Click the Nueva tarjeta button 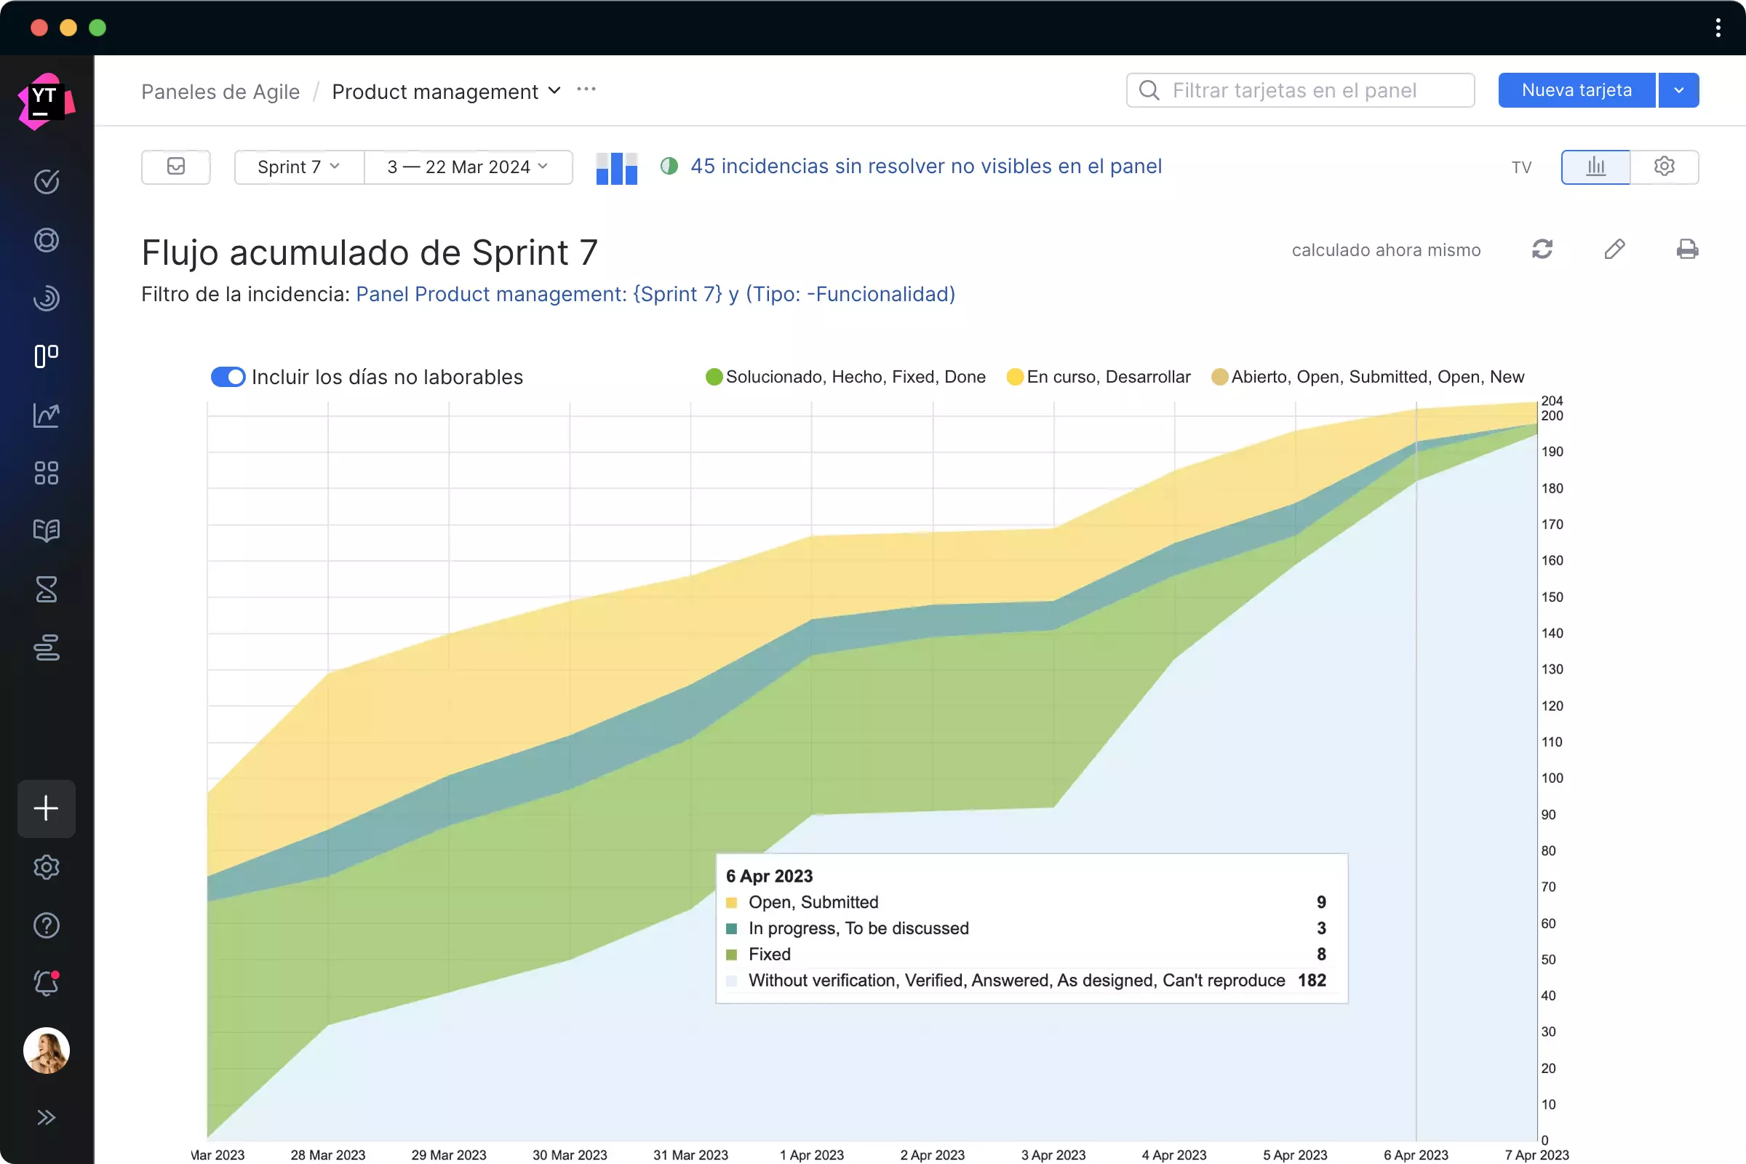click(x=1576, y=90)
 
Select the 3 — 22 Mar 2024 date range click(x=468, y=167)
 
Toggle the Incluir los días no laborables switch click(x=228, y=377)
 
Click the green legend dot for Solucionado click(x=714, y=377)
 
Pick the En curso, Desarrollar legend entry click(x=1107, y=377)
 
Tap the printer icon click(x=1686, y=250)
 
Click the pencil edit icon click(x=1614, y=250)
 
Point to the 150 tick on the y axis click(x=1552, y=597)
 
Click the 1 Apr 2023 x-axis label click(x=811, y=1155)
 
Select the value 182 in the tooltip click(x=1312, y=981)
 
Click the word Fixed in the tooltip click(x=769, y=954)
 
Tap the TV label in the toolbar click(x=1521, y=168)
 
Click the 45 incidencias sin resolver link click(x=925, y=167)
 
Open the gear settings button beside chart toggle click(x=1664, y=167)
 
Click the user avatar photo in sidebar click(x=46, y=1051)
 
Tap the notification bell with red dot click(x=46, y=984)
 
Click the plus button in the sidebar click(x=46, y=808)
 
